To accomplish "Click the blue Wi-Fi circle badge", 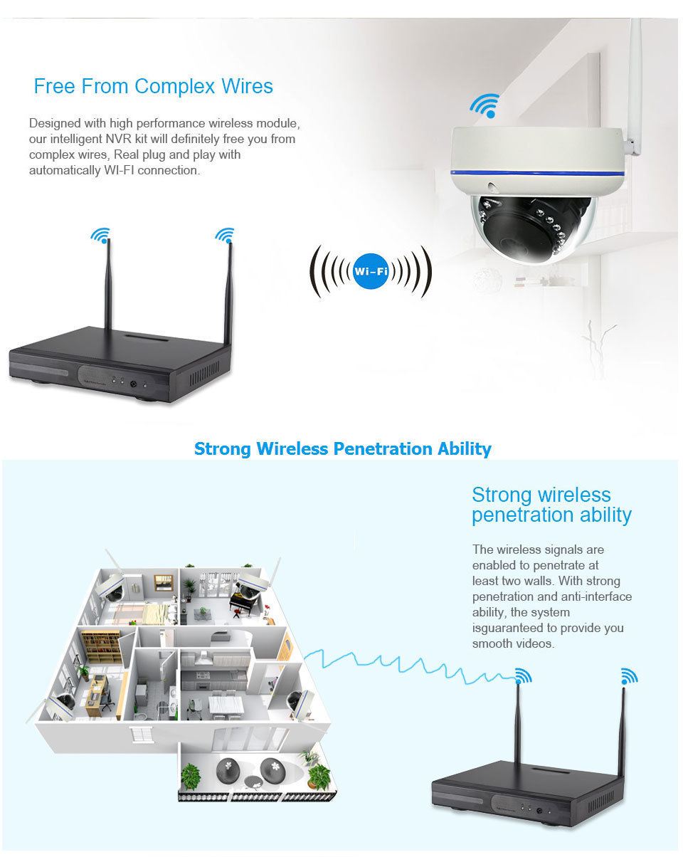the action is point(370,271).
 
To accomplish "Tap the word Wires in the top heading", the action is point(247,86).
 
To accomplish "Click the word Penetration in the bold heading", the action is point(383,448).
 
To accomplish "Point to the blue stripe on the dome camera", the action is point(537,173).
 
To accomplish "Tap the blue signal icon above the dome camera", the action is point(485,105).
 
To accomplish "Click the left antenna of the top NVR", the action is point(108,284).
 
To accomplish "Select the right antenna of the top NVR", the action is point(228,294).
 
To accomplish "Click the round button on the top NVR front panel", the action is point(133,384).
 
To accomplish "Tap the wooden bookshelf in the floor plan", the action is point(101,646).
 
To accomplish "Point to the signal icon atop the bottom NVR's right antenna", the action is point(629,676).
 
